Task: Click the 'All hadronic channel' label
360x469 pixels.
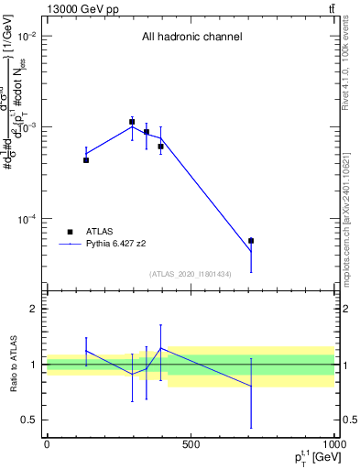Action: click(191, 38)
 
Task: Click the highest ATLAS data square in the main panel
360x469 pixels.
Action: click(132, 122)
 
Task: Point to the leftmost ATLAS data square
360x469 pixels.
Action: click(86, 160)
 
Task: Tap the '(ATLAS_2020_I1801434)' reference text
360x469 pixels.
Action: click(191, 274)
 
